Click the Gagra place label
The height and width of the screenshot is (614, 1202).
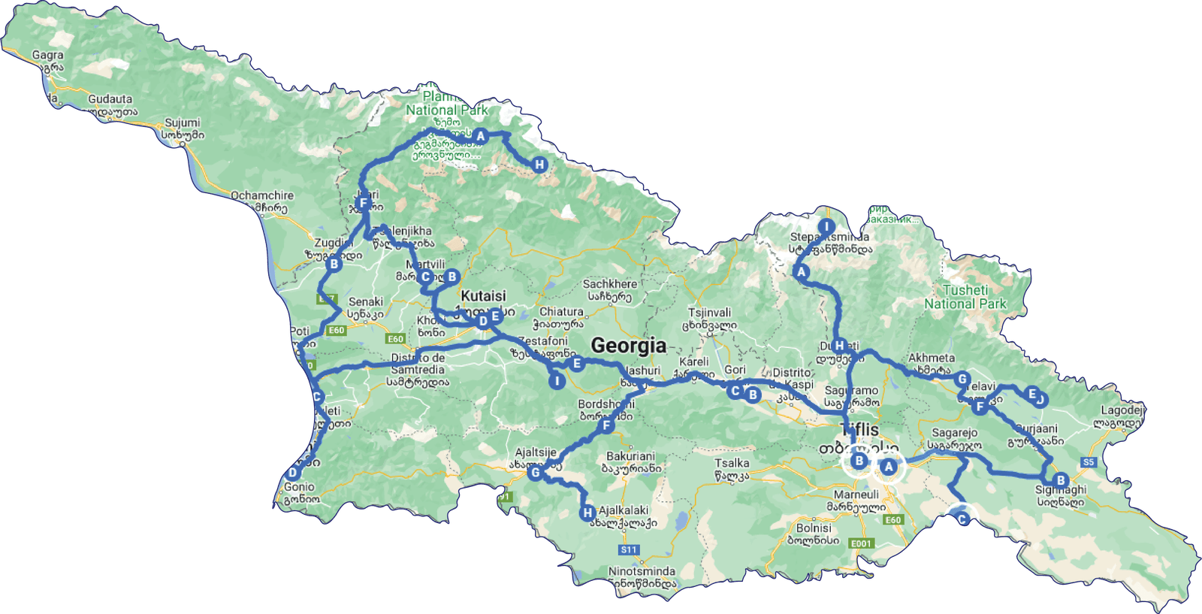click(47, 55)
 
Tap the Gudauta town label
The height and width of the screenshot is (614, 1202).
click(110, 99)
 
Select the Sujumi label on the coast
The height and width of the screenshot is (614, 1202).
click(183, 122)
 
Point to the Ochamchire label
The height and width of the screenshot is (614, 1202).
click(261, 195)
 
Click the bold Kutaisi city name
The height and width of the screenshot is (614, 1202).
click(483, 296)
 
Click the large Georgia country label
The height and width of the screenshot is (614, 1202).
click(628, 346)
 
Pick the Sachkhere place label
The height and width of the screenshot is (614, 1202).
click(609, 284)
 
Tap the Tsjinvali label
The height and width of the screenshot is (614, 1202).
click(709, 313)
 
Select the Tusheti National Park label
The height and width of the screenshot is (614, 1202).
click(965, 297)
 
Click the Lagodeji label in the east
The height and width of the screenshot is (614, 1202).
click(1122, 410)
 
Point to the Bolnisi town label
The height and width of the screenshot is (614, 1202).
click(814, 528)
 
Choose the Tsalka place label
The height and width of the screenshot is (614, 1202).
click(731, 463)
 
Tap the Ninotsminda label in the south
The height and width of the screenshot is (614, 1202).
click(642, 571)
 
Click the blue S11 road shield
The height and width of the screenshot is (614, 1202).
click(629, 550)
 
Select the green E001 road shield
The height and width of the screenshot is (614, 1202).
click(861, 543)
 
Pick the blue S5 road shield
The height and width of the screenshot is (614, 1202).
click(1089, 462)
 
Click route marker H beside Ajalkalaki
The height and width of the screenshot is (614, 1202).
click(587, 513)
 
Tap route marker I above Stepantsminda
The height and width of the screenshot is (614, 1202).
click(826, 227)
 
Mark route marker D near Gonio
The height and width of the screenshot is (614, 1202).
click(292, 473)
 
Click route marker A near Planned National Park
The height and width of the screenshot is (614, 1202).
click(480, 136)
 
